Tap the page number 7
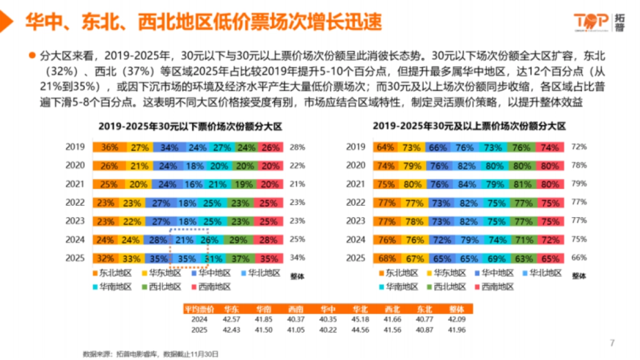[x=612, y=342]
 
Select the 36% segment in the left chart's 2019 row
[x=109, y=147]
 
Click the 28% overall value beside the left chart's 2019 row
[x=297, y=147]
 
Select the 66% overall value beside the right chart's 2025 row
[x=579, y=258]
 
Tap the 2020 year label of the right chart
[x=355, y=166]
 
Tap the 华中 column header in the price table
[x=326, y=309]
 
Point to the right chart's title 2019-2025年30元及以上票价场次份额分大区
[x=469, y=126]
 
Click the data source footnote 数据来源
[x=150, y=353]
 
